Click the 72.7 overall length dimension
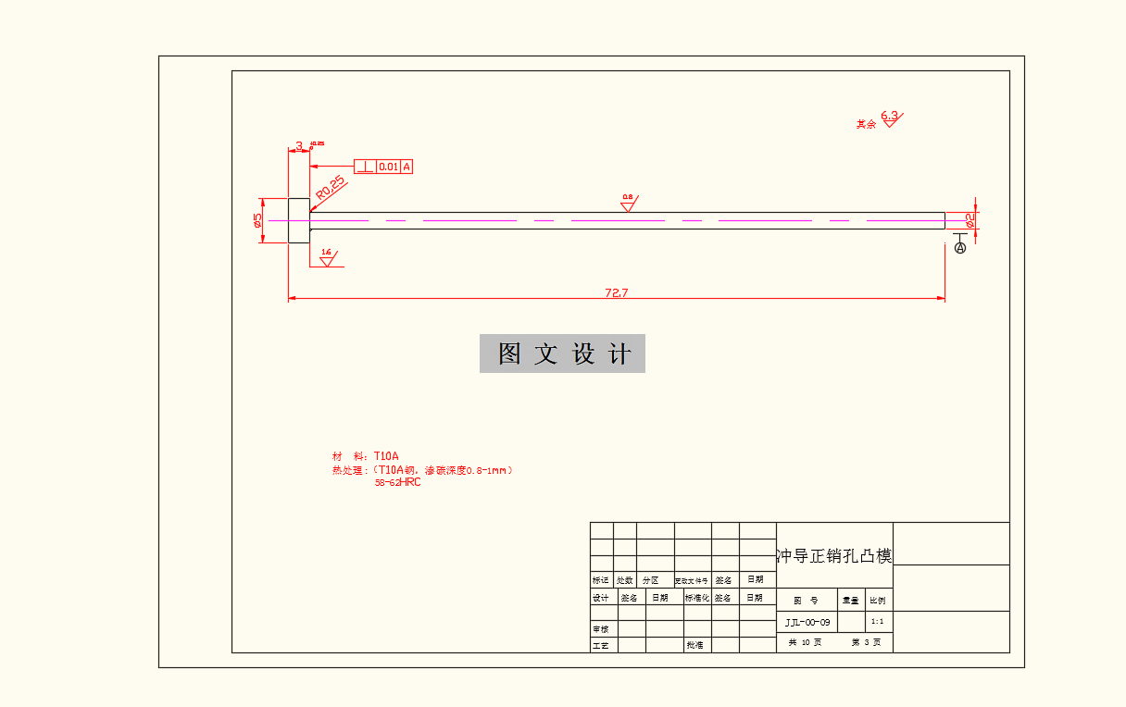click(617, 292)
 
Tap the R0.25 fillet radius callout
click(330, 187)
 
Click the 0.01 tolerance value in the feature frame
click(388, 167)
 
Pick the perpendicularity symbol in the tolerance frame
click(365, 167)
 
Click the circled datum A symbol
click(959, 248)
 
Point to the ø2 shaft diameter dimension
click(969, 219)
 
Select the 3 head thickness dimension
click(299, 145)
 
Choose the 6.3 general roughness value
click(890, 117)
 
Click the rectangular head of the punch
click(299, 220)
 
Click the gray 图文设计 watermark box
click(562, 353)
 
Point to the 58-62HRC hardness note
click(397, 482)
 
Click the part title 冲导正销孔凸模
click(834, 556)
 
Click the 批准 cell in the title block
click(694, 644)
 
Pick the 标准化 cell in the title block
click(697, 598)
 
